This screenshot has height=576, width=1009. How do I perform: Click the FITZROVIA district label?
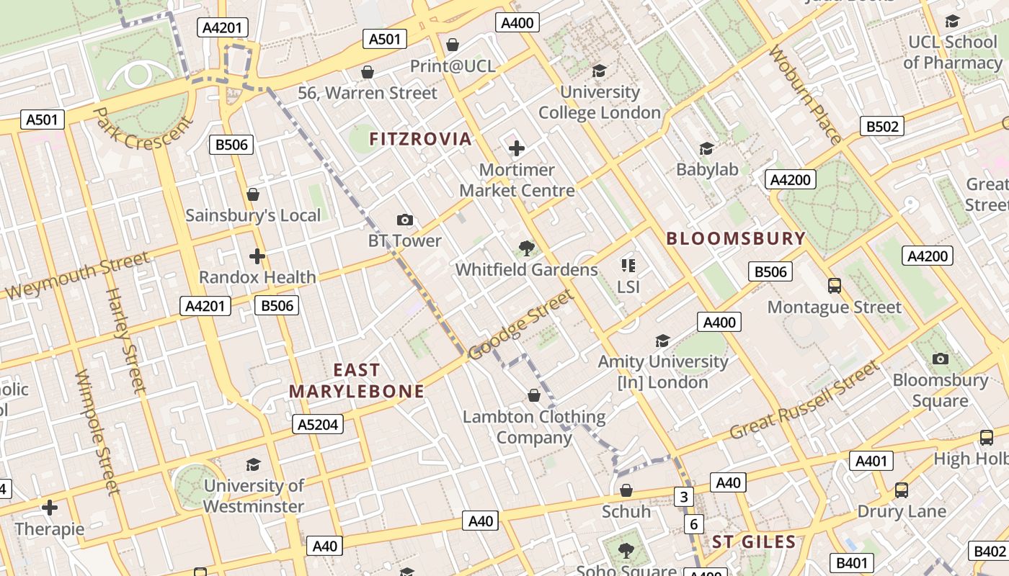click(x=420, y=139)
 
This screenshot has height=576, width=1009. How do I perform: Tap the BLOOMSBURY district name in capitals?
click(x=735, y=239)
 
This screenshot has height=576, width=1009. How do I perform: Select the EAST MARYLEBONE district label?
click(x=357, y=381)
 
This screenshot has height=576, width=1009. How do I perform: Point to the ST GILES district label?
click(x=754, y=542)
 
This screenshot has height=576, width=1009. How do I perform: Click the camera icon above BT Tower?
click(x=405, y=220)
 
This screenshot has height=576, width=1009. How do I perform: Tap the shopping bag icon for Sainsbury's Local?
click(x=253, y=194)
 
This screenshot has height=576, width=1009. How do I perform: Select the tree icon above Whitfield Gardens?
click(x=527, y=248)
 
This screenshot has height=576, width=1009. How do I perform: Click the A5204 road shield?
click(x=319, y=425)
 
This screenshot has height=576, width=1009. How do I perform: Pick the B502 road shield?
click(x=882, y=127)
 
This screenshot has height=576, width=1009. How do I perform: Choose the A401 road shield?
click(x=871, y=461)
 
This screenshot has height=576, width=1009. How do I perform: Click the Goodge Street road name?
click(x=521, y=325)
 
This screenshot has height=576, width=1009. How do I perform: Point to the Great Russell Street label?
click(x=805, y=400)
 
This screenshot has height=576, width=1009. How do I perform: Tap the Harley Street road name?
click(x=126, y=341)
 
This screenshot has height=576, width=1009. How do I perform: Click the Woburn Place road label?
click(x=805, y=95)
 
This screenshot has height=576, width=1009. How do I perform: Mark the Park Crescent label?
click(x=143, y=130)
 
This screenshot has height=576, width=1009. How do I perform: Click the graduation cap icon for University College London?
click(x=599, y=71)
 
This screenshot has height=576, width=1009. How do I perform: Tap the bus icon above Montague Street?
click(x=835, y=286)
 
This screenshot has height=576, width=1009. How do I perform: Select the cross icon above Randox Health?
click(x=257, y=256)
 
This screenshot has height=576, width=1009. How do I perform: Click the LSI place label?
click(x=628, y=287)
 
